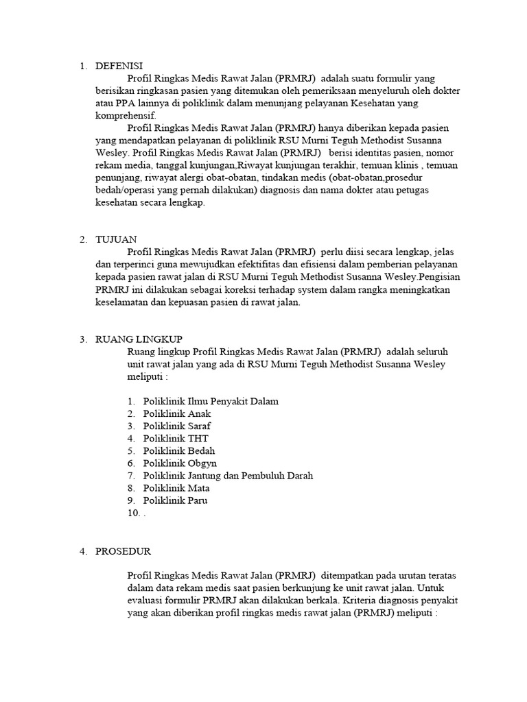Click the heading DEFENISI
[x=119, y=66]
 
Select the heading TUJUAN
[x=116, y=239]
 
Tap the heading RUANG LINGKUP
[x=139, y=339]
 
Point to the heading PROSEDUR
[x=123, y=551]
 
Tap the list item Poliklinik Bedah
[x=178, y=451]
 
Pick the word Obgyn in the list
[x=202, y=463]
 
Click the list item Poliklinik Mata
[x=176, y=488]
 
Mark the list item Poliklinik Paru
[x=175, y=500]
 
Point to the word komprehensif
[x=125, y=116]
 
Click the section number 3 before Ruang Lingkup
[x=82, y=339]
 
